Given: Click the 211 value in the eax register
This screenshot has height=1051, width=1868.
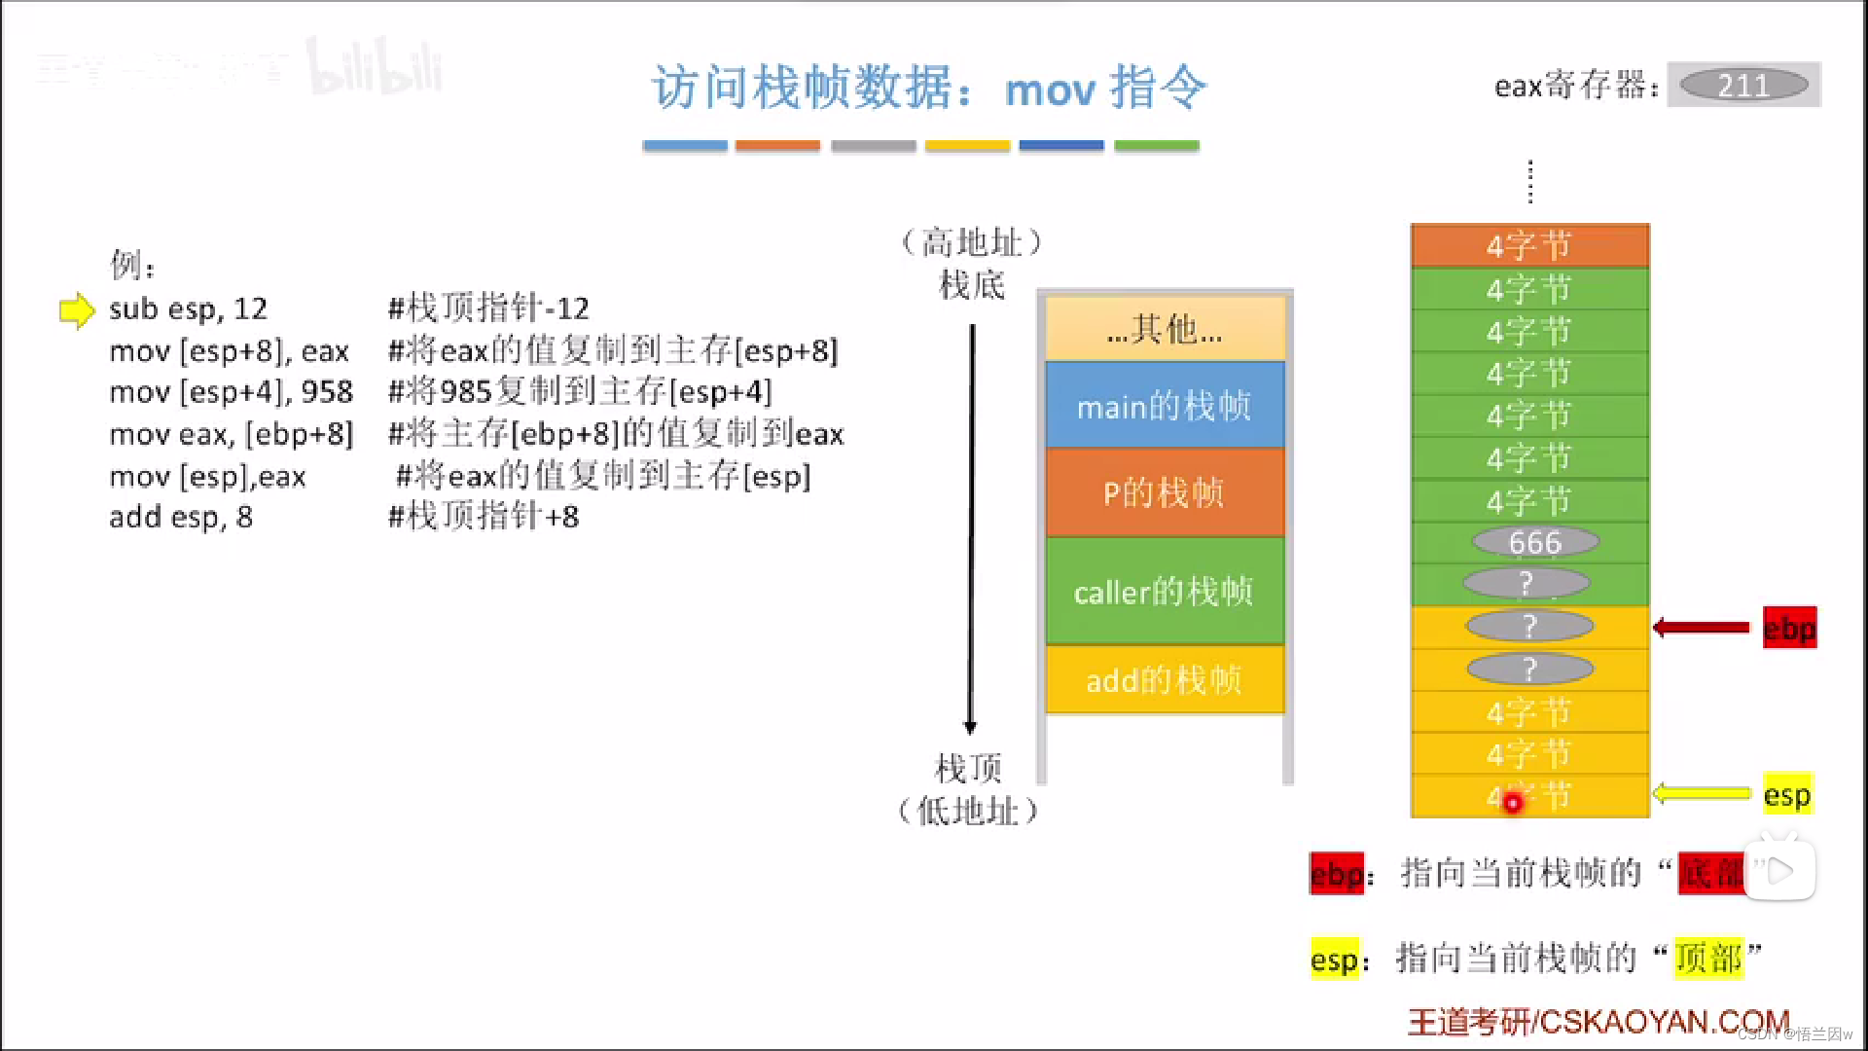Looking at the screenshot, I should point(1743,86).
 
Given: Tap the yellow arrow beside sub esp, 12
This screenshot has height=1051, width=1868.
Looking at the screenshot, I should point(77,310).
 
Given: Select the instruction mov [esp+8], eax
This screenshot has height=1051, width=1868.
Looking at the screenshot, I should point(229,351).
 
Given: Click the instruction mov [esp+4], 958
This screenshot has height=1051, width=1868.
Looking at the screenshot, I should point(231,392).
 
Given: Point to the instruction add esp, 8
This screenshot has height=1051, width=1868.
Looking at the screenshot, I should point(181,517).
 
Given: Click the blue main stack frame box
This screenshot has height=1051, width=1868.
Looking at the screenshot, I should point(1165,406).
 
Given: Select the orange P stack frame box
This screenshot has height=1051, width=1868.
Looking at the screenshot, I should point(1165,493).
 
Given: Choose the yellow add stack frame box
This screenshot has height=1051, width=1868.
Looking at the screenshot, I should point(1165,680).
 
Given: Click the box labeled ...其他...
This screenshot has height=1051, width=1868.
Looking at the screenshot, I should point(1165,330).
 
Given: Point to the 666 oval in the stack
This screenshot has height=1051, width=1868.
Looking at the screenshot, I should point(1534,542).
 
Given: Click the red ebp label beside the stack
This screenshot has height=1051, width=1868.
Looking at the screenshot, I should point(1789,629).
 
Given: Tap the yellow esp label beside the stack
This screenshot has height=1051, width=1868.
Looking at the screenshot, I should point(1787,795).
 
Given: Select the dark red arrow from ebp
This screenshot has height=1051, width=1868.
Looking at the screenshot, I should point(1702,628).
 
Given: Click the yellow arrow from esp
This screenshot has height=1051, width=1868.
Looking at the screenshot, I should point(1702,794).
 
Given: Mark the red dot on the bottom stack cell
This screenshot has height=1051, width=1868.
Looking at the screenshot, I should point(1513,804).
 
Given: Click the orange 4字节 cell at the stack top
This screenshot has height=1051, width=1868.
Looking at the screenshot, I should point(1529,245).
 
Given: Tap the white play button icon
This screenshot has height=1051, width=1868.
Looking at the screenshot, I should point(1779,871).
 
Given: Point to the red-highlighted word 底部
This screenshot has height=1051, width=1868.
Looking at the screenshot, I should point(1711,873).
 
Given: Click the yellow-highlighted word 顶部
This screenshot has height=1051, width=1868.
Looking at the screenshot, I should point(1708,959).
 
